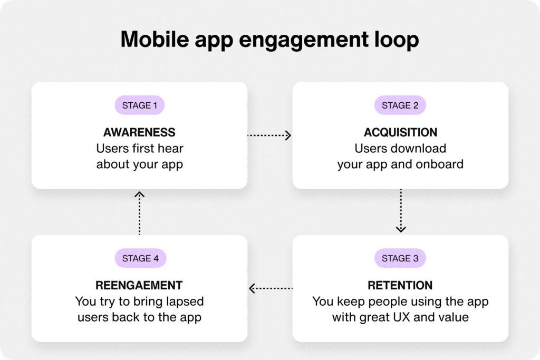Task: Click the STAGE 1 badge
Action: [139, 105]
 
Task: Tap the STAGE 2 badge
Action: [400, 105]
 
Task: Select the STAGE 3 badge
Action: [400, 258]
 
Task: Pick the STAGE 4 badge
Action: [140, 258]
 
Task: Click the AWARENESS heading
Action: [139, 132]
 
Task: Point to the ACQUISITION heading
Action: [401, 132]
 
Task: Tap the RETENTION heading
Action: [400, 285]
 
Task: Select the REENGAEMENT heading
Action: [139, 285]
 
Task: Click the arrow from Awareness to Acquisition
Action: [269, 135]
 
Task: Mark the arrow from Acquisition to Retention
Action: [401, 211]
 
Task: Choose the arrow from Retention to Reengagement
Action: [271, 288]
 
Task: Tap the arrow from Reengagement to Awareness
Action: [139, 213]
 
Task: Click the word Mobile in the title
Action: [155, 39]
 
